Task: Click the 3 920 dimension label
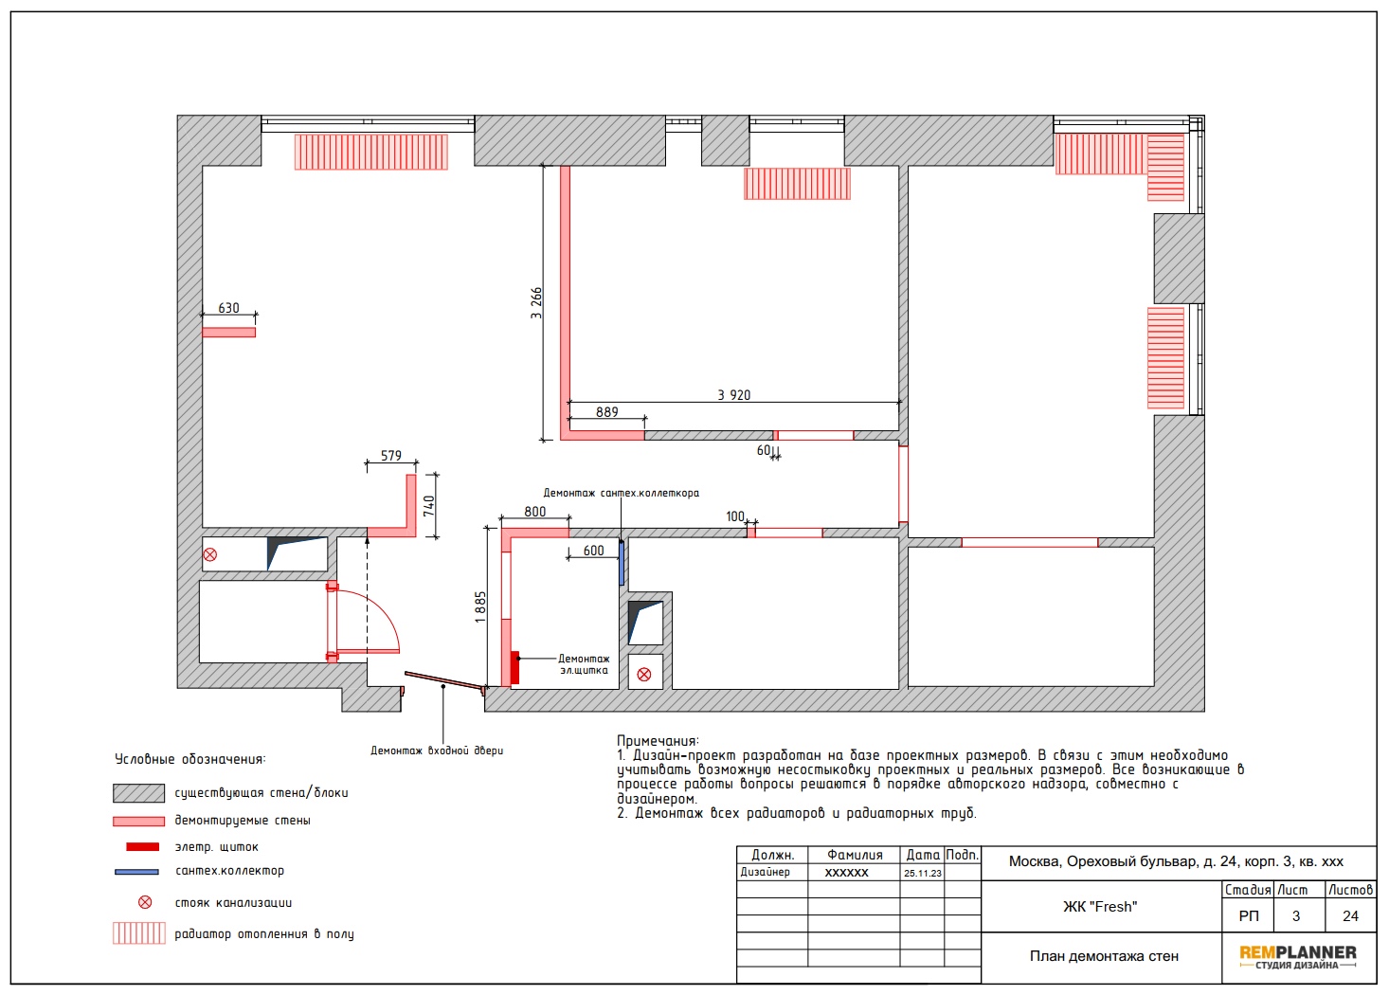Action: [x=733, y=395]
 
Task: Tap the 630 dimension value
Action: [x=228, y=308]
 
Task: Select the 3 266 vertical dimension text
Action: [x=536, y=302]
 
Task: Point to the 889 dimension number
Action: [x=607, y=412]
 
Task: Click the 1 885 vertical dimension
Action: [x=480, y=607]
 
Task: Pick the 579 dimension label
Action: [x=390, y=456]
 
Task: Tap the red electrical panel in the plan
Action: [x=514, y=667]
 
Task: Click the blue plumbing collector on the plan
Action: [x=622, y=563]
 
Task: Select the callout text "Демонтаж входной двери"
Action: [x=437, y=751]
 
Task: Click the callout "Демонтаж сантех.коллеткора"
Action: [x=621, y=493]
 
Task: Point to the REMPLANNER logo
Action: [x=1298, y=957]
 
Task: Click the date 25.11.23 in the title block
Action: [x=922, y=873]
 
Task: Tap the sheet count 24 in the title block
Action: [x=1350, y=916]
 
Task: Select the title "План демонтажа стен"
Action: [x=1104, y=956]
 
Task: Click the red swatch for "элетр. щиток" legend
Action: [x=143, y=847]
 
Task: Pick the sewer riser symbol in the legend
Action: [x=144, y=902]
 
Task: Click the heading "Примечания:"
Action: [x=658, y=741]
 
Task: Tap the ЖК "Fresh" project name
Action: [x=1100, y=907]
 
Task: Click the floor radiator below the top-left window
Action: [x=370, y=152]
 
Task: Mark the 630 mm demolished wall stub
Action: [x=228, y=333]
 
